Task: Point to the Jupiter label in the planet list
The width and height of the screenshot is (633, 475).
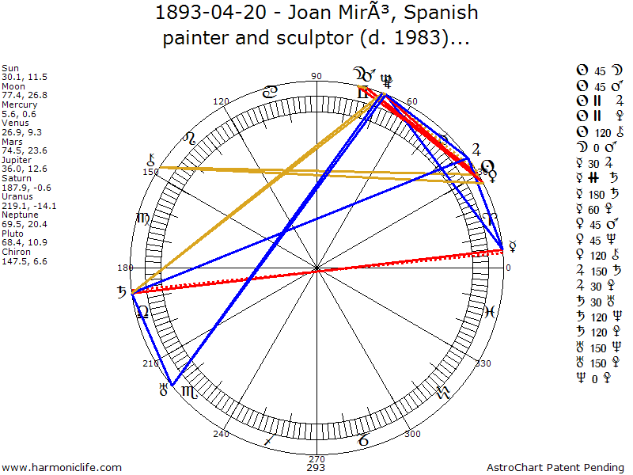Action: point(17,160)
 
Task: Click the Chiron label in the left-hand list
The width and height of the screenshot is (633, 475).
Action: point(16,251)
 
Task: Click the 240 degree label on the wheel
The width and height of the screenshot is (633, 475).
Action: point(221,434)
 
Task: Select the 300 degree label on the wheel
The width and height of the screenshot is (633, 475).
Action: point(412,434)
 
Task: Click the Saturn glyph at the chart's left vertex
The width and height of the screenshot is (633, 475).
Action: point(122,292)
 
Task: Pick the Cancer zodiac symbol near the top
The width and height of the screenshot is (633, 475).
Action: point(271,92)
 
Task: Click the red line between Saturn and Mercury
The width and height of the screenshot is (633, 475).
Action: point(316,272)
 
